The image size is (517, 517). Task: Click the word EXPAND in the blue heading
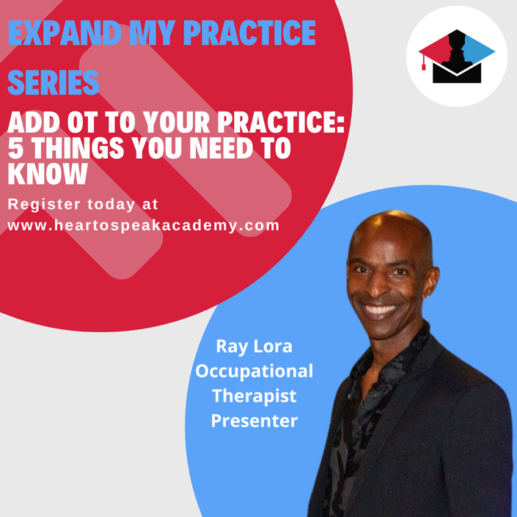coord(65,33)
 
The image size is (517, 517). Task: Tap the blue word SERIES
coord(54,82)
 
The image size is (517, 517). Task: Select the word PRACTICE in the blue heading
coord(249,33)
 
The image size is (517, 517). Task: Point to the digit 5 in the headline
coord(15,148)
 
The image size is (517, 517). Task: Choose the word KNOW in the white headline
coord(48,174)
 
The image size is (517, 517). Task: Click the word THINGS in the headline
coord(78,148)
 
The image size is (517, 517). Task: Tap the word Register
coord(44,205)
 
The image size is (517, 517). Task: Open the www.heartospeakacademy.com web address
coord(144,226)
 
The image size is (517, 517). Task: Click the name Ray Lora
coord(254,346)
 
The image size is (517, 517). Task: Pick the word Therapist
coord(254,396)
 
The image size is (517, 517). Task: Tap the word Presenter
coord(254,420)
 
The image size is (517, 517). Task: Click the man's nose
coord(376,285)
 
